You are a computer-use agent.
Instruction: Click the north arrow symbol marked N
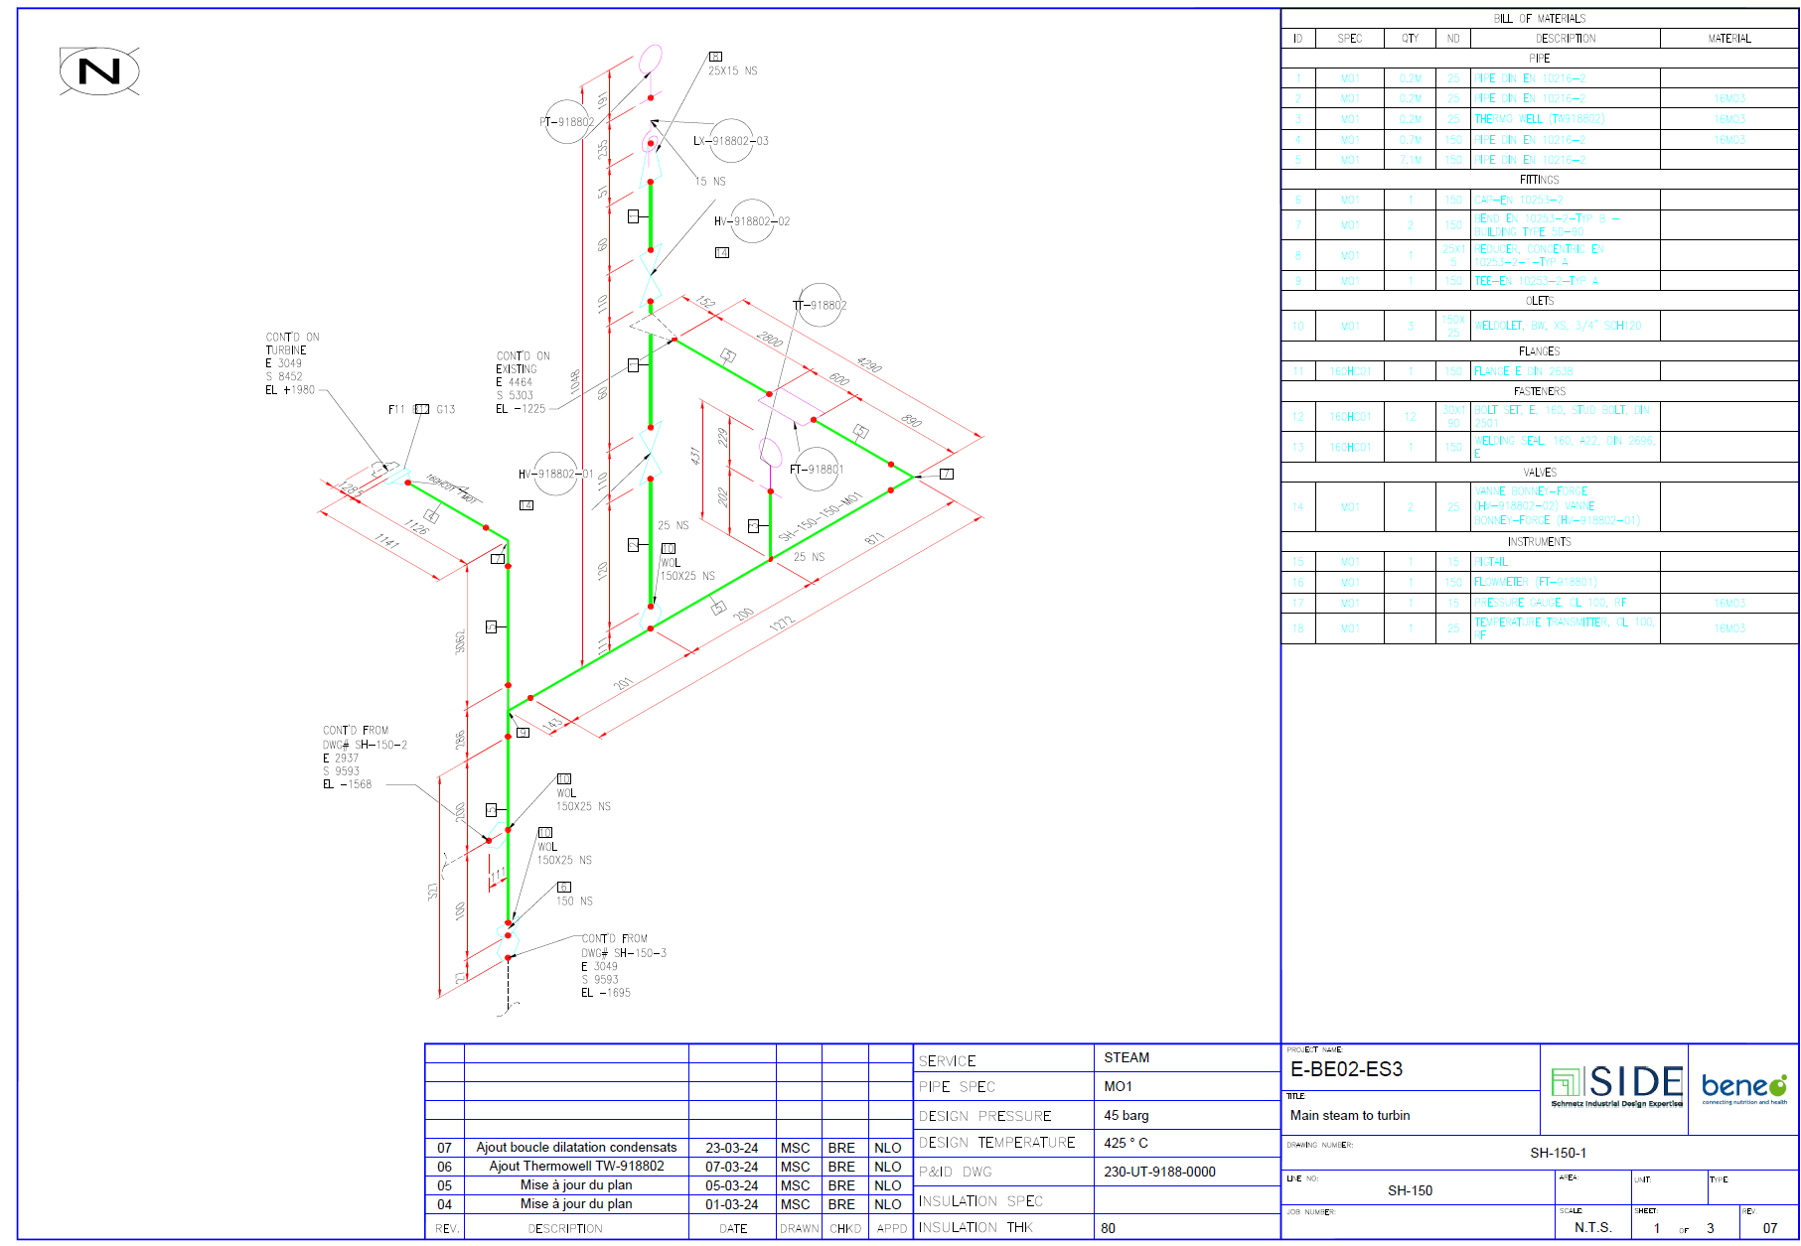pos(99,71)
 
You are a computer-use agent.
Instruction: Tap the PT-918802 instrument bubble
pos(567,122)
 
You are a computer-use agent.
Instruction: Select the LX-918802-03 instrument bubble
pos(731,141)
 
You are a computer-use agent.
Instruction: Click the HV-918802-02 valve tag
pos(752,221)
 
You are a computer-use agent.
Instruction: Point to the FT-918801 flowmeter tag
pos(818,470)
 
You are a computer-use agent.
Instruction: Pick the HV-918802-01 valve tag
pos(556,474)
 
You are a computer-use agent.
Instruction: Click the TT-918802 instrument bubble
pos(821,305)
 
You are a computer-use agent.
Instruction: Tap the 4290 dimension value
pos(869,364)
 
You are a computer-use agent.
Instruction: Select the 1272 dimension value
pos(782,623)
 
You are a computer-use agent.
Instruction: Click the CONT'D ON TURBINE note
pos(292,363)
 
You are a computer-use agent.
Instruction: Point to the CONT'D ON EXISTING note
pos(523,382)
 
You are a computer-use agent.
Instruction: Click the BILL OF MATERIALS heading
pos(1539,19)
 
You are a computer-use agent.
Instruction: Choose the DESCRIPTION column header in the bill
pos(1566,39)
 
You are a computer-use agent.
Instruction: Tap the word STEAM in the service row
pos(1126,1058)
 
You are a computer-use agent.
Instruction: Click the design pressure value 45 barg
pos(1126,1116)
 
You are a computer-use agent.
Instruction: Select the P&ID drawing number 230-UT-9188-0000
pos(1159,1173)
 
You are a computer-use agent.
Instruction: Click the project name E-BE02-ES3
pos(1346,1069)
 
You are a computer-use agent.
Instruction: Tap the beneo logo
pos(1743,1086)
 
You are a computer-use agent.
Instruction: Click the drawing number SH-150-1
pos(1558,1154)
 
